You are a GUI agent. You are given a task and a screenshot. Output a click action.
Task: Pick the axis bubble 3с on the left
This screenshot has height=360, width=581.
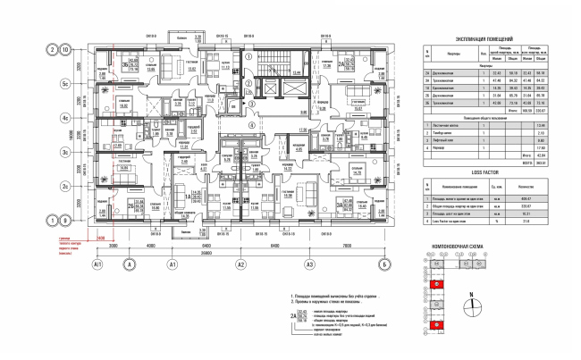[64, 153]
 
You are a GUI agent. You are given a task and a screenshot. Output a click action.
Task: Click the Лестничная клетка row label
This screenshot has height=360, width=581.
[442, 126]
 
